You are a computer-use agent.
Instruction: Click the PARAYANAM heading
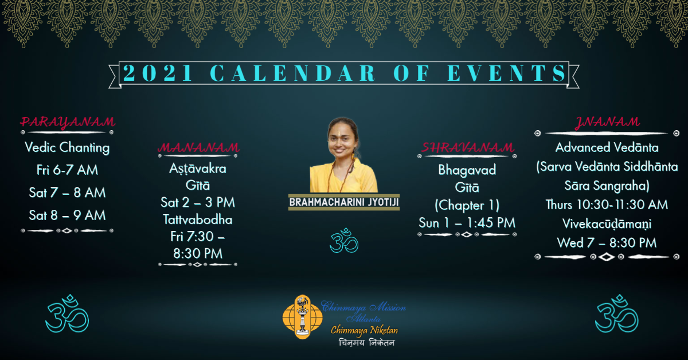coord(68,122)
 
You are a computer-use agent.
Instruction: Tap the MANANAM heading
coord(198,147)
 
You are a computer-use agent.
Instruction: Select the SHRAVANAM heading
coord(467,147)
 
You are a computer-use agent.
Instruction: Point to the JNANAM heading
coord(607,122)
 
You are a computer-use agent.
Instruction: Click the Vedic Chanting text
coord(67,147)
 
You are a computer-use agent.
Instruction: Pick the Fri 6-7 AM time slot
coord(67,170)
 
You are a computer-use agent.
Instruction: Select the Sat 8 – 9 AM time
coord(67,216)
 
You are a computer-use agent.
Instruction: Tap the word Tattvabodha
coord(197,220)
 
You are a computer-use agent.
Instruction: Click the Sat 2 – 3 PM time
coord(197,202)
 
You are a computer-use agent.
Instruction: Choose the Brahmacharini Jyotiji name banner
coord(344,202)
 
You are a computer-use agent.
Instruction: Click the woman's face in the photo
coord(342,140)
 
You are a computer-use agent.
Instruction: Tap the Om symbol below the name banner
coord(344,241)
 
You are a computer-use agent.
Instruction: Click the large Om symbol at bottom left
coord(67,314)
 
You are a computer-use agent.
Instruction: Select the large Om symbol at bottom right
coord(616,314)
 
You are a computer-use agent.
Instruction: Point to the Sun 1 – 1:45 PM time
coord(467,223)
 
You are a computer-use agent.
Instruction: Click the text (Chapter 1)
coord(467,205)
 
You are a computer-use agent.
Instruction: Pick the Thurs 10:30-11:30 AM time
coord(607,205)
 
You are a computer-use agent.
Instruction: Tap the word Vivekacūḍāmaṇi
coord(607,224)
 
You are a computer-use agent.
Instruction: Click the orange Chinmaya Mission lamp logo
coord(302,317)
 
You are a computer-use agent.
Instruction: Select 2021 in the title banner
coord(158,73)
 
